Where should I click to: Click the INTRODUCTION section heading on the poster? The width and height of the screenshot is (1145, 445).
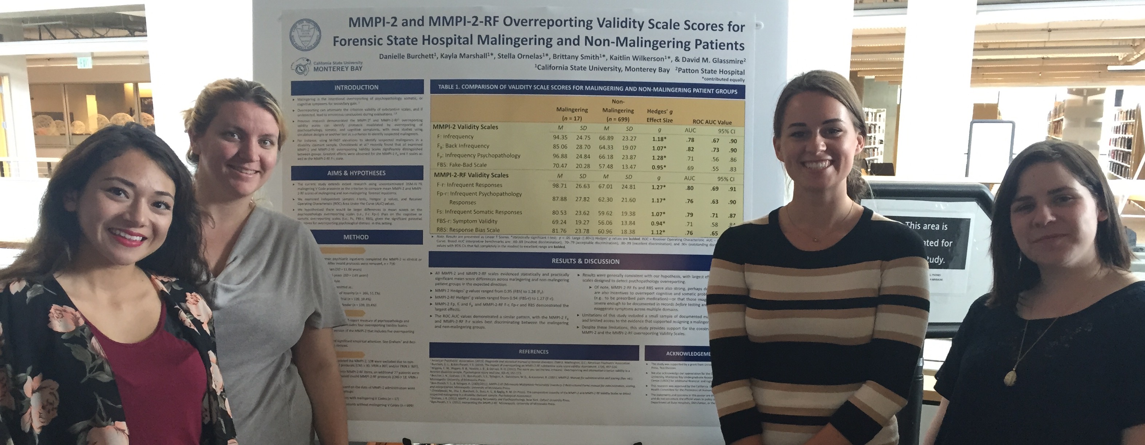tap(356, 87)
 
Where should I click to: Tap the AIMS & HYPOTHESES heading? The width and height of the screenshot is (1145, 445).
tap(356, 173)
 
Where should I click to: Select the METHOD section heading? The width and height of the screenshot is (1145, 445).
tap(356, 237)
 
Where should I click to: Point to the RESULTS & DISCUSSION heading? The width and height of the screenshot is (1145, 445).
tap(585, 261)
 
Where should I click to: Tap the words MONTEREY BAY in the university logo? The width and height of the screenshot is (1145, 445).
tap(337, 69)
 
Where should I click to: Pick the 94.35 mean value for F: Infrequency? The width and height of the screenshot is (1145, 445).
tap(560, 137)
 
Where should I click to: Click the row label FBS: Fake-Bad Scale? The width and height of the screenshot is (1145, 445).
tap(462, 165)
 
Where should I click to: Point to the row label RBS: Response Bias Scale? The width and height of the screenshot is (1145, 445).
tap(468, 230)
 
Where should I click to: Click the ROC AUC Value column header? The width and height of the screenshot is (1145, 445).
tap(712, 122)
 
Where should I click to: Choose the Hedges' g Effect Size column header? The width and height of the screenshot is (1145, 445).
tap(659, 115)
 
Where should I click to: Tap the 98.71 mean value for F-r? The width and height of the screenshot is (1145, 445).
tap(560, 186)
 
